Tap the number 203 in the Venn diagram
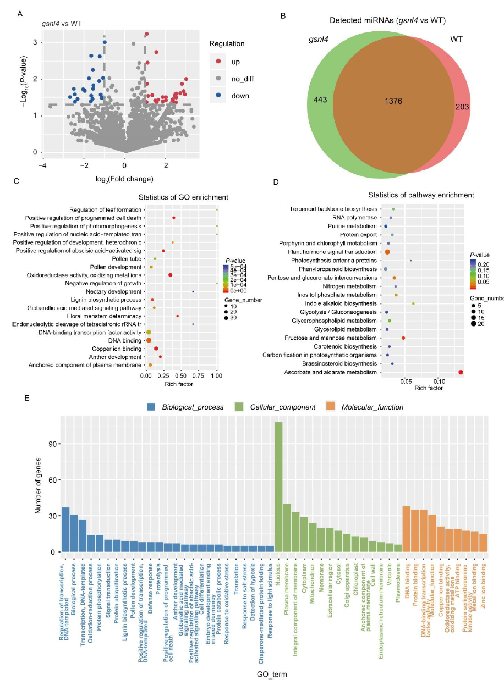(x=462, y=107)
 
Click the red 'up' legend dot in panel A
(x=218, y=61)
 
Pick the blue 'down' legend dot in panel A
(x=218, y=96)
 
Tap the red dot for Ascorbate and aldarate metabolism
(x=461, y=372)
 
